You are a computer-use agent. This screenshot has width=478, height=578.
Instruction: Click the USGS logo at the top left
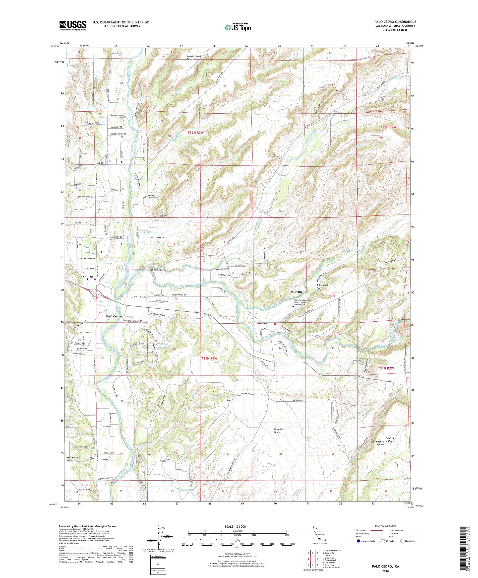coord(73,26)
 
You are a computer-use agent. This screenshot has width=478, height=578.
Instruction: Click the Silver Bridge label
coord(157,270)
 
